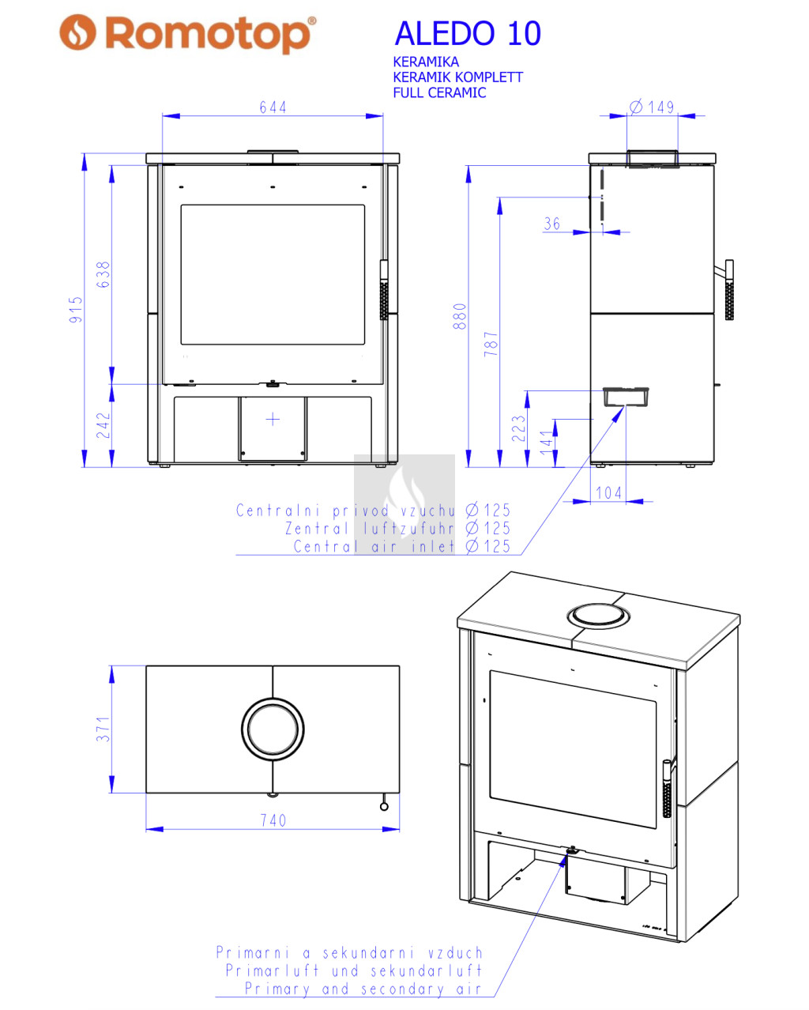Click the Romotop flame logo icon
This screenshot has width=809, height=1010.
pyautogui.click(x=77, y=32)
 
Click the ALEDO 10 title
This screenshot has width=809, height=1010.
pyautogui.click(x=468, y=33)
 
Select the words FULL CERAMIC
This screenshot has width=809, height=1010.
pyautogui.click(x=439, y=92)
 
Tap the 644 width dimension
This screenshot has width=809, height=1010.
pyautogui.click(x=273, y=107)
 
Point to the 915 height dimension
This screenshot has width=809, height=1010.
pyautogui.click(x=76, y=309)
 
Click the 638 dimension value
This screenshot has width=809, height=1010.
pyautogui.click(x=103, y=274)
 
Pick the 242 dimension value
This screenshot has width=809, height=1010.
pyautogui.click(x=103, y=425)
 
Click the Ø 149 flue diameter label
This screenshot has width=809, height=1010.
pyautogui.click(x=652, y=107)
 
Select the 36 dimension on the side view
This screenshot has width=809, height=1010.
pyautogui.click(x=552, y=224)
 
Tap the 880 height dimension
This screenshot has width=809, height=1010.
pyautogui.click(x=460, y=316)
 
